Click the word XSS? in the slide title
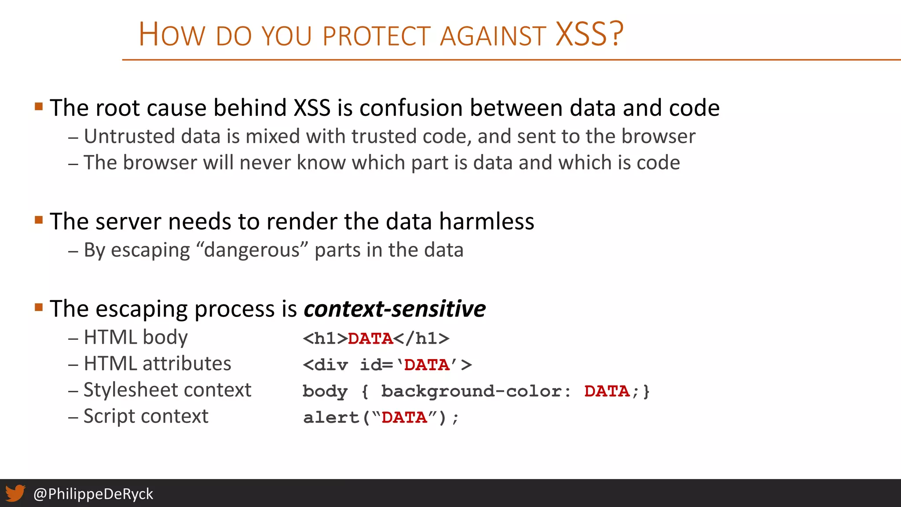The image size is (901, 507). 589,34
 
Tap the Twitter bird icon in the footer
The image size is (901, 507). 15,493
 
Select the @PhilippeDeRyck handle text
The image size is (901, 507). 93,494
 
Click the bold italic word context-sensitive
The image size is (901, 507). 395,309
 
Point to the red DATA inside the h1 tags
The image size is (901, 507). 370,338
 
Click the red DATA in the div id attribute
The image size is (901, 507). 426,365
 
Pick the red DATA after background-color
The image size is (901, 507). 607,391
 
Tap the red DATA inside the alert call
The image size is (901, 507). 404,417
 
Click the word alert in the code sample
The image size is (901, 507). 331,417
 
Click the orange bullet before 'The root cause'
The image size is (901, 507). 39,107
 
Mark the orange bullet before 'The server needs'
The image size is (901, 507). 39,220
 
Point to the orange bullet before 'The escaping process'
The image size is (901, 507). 39,307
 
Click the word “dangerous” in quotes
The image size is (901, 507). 252,250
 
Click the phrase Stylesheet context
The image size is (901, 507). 167,390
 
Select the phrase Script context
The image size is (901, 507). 146,416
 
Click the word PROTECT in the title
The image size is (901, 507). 376,36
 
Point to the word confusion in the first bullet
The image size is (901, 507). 410,108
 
